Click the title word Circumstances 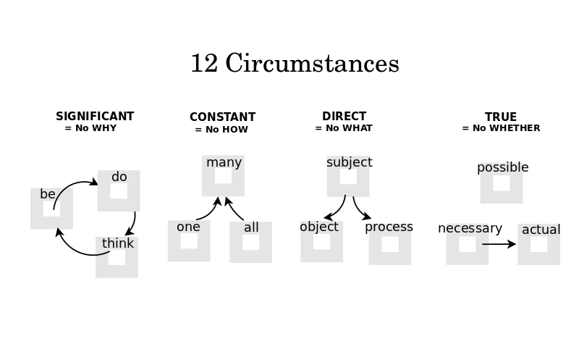312,63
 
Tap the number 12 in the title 204,63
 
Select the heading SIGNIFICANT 95,117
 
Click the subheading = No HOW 221,130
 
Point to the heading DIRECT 345,117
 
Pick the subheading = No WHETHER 501,128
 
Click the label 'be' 48,194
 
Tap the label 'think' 118,243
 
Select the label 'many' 224,163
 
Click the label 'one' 188,227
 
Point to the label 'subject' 350,163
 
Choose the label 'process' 389,227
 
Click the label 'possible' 502,167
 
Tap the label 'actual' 541,230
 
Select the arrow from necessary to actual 499,244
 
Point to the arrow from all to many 233,208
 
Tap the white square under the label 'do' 119,191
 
